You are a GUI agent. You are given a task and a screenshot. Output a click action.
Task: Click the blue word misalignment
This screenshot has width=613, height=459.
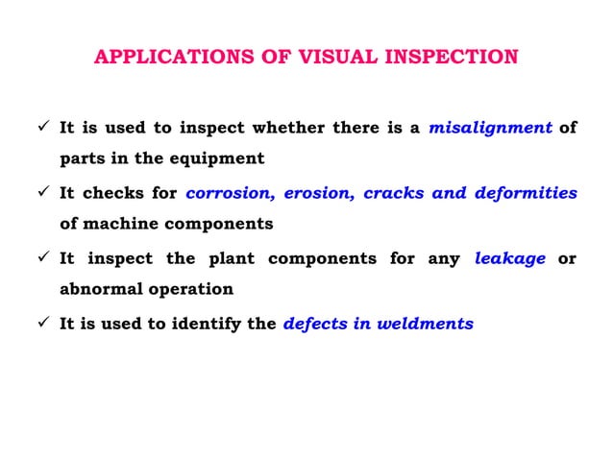click(x=490, y=127)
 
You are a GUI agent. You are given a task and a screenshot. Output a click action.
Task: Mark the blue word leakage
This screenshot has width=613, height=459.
click(x=510, y=257)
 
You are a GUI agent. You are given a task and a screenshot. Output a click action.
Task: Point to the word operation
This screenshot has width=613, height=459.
click(x=193, y=289)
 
